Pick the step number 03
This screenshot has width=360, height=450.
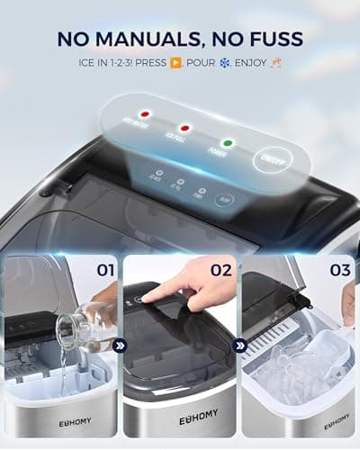click(x=338, y=268)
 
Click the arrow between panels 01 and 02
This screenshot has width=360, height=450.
click(x=121, y=343)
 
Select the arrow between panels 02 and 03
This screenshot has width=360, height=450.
click(x=239, y=343)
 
